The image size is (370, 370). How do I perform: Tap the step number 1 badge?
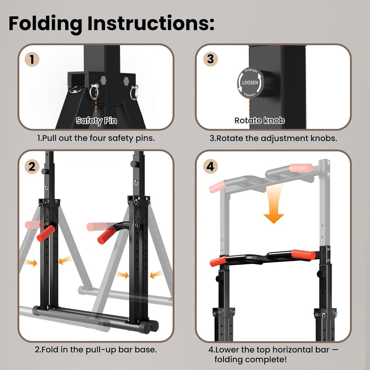(x=32, y=60)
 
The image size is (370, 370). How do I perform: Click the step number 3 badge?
(x=210, y=59)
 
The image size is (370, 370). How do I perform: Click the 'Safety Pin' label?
(x=96, y=121)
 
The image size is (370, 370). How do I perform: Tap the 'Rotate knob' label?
(x=259, y=121)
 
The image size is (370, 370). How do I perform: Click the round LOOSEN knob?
(x=250, y=83)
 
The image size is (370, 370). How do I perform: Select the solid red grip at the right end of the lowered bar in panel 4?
(x=303, y=254)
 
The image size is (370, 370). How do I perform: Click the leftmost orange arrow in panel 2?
(x=30, y=263)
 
